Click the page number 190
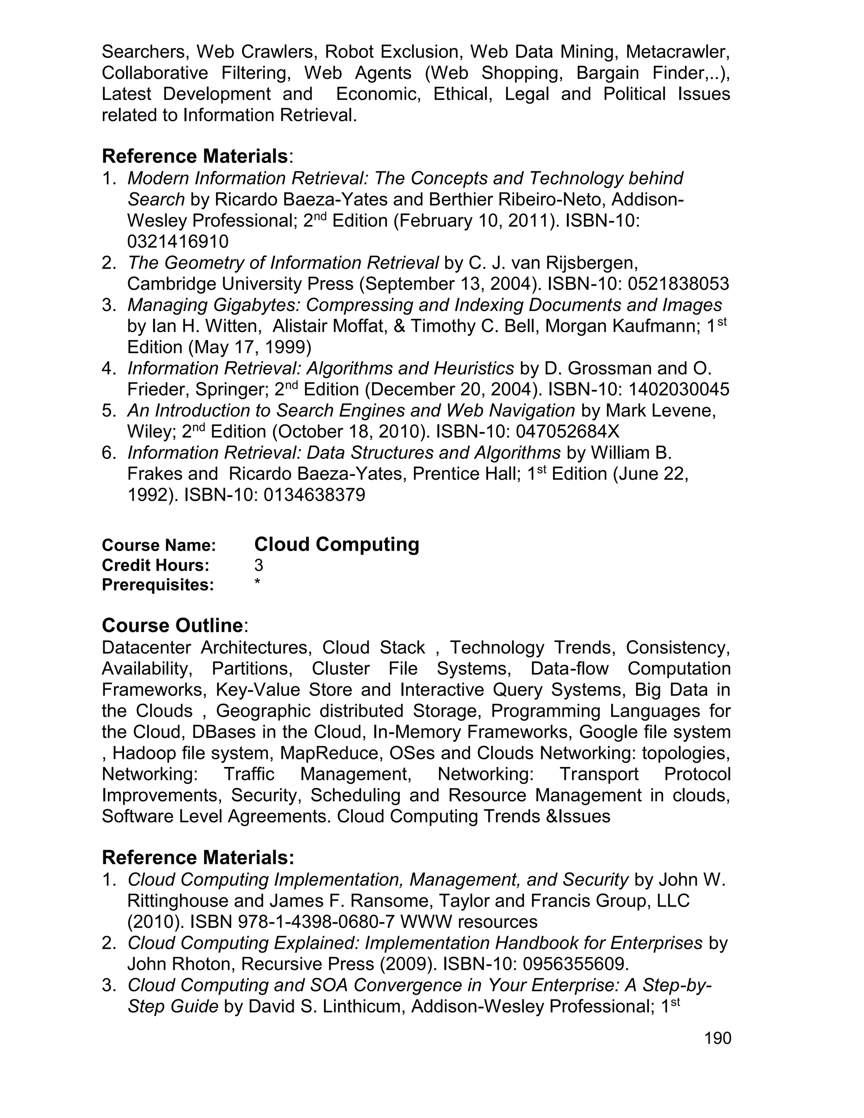[x=718, y=1039]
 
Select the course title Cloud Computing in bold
[x=336, y=544]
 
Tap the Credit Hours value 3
[x=259, y=565]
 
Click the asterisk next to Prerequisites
[x=257, y=583]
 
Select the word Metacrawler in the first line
[x=678, y=52]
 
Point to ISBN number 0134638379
[x=314, y=495]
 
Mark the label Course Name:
[x=159, y=545]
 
